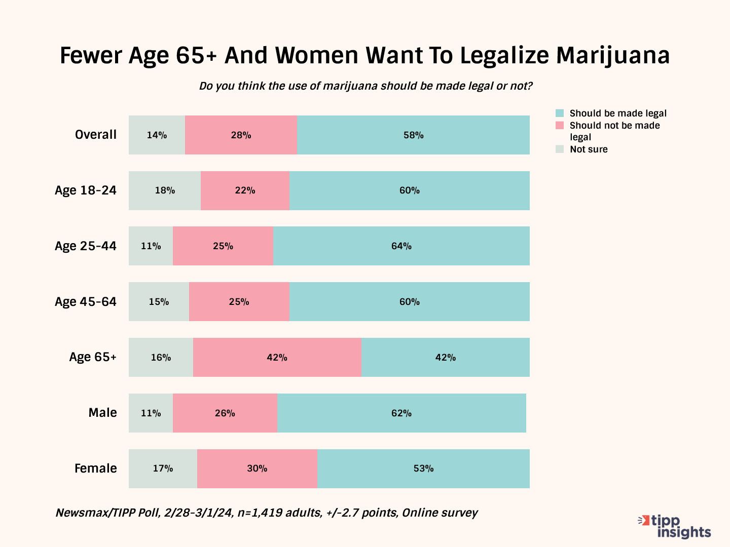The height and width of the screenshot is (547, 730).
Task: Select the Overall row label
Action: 96,135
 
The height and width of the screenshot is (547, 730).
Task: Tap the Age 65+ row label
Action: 93,357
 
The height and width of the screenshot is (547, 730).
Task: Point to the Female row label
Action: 96,468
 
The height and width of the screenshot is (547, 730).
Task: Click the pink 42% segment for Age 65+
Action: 277,358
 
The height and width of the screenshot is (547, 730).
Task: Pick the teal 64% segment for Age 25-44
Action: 401,246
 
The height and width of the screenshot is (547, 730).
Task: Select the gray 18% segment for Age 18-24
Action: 165,190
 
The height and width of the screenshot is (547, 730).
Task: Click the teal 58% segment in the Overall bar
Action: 413,135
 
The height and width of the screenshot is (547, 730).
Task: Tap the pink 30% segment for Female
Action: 257,468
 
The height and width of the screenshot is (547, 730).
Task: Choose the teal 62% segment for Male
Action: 401,413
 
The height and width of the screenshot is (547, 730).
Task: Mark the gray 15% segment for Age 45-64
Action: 159,302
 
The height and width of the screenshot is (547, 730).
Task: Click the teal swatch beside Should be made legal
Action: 560,113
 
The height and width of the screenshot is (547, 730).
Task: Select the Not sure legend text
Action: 589,149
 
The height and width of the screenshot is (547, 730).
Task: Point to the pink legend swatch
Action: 560,126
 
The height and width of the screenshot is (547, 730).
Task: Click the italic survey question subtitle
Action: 366,86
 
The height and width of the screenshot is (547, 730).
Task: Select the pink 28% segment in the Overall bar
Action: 241,135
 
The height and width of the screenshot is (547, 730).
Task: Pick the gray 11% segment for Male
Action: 151,413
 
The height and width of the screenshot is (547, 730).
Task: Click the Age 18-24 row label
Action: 86,190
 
